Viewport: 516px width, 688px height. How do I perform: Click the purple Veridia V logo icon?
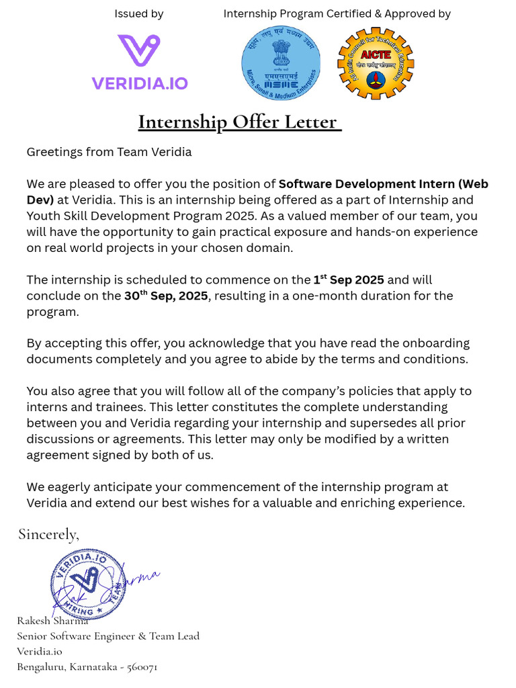(139, 52)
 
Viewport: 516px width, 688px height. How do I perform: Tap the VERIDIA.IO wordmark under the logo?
(140, 83)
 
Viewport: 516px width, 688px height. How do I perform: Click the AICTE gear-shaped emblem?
(376, 64)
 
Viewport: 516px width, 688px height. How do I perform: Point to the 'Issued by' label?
(138, 13)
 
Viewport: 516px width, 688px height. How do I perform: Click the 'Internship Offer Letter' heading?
(239, 122)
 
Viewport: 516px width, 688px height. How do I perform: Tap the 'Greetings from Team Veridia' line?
(109, 152)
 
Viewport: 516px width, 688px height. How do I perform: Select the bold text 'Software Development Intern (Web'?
(383, 184)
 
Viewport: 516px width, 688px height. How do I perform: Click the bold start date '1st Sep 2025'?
(349, 279)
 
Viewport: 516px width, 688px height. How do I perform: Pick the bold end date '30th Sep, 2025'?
(166, 296)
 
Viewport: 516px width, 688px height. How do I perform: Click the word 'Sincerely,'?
(48, 534)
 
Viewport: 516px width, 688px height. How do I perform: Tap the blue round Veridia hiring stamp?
(87, 583)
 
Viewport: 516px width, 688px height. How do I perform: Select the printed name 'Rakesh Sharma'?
(52, 620)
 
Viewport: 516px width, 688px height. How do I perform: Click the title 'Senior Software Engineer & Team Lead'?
(108, 636)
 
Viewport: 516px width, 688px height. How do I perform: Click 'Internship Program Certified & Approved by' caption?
(337, 13)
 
